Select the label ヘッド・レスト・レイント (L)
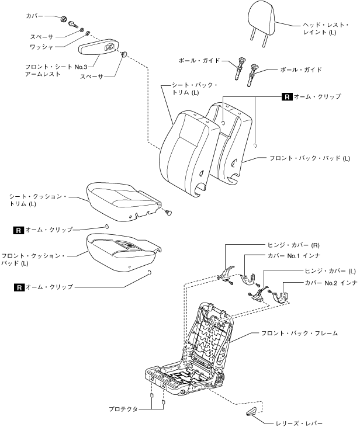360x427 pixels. pos(319,29)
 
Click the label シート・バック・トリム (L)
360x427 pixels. pos(194,89)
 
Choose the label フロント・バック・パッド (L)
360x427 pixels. pos(309,158)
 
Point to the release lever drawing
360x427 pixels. pos(252,411)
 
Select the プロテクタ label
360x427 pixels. pos(122,409)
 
